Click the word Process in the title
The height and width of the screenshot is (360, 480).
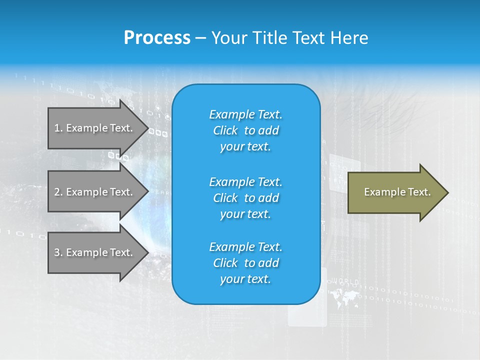[x=157, y=38]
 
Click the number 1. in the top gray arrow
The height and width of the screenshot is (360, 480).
[x=58, y=128]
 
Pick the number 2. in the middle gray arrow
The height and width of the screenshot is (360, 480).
[x=58, y=192]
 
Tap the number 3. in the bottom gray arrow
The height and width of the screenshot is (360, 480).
[x=58, y=252]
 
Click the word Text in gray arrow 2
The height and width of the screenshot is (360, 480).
[x=121, y=192]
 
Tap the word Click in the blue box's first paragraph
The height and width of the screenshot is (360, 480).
[x=225, y=131]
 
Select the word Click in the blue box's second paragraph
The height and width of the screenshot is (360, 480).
[x=225, y=198]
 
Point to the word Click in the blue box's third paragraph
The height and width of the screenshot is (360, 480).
[x=225, y=263]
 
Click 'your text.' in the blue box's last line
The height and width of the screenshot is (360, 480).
[x=245, y=279]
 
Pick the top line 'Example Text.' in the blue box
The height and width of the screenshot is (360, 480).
[x=245, y=114]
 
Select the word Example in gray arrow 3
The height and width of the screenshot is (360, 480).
[x=87, y=252]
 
